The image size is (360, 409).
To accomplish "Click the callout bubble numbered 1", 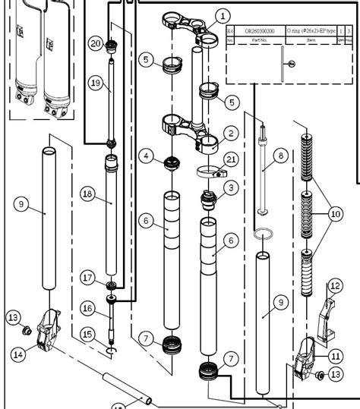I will tap(222, 15).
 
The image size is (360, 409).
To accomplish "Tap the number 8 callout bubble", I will tap(280, 156).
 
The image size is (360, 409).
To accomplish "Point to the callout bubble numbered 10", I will tap(335, 214).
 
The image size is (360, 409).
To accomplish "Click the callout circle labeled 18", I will tap(87, 194).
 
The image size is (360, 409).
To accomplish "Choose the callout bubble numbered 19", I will tap(95, 82).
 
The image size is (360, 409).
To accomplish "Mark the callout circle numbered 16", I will tap(87, 308).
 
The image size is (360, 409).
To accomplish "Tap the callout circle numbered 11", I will tap(335, 354).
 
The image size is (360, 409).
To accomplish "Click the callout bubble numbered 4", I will tap(147, 156).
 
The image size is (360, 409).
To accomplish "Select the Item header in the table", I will tap(311, 39).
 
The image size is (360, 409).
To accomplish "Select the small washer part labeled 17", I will tap(112, 285).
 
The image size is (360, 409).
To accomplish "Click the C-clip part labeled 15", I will tap(112, 351).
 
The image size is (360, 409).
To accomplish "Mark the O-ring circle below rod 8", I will tap(263, 234).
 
